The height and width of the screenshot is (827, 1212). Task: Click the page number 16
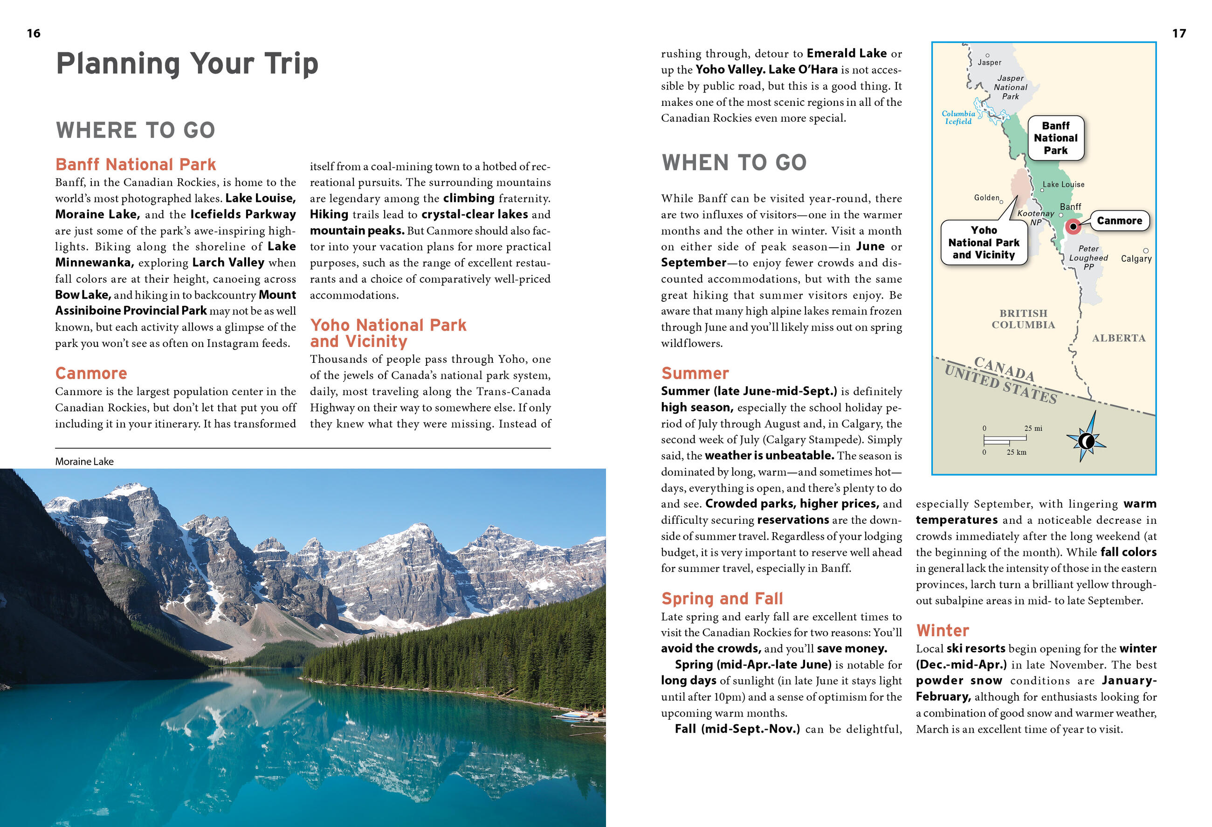click(34, 34)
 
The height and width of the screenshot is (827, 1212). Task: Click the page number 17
click(1178, 34)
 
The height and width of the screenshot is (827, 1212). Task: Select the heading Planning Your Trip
click(187, 63)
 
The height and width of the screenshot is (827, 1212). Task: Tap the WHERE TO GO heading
click(136, 131)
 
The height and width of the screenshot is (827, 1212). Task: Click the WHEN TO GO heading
click(734, 163)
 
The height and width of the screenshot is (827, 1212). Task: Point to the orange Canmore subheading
click(91, 374)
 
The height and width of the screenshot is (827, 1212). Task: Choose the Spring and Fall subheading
click(722, 598)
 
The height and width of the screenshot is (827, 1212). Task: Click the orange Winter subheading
click(943, 631)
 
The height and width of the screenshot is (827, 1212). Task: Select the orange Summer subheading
click(695, 374)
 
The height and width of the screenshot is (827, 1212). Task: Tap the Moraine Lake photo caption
click(84, 461)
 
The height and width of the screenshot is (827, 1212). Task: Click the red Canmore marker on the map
click(1073, 226)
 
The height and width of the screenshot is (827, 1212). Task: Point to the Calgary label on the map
click(1136, 259)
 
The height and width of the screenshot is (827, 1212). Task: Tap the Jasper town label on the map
click(989, 63)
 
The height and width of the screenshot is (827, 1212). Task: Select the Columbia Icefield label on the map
click(958, 118)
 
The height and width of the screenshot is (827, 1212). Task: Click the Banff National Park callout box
click(1055, 138)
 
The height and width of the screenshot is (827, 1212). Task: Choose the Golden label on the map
click(986, 198)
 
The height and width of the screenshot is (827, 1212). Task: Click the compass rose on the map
click(1086, 441)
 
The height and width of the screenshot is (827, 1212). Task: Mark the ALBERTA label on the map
click(1119, 338)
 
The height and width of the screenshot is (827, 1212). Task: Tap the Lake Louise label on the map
click(1063, 184)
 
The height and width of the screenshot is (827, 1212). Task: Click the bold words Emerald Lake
click(847, 53)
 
